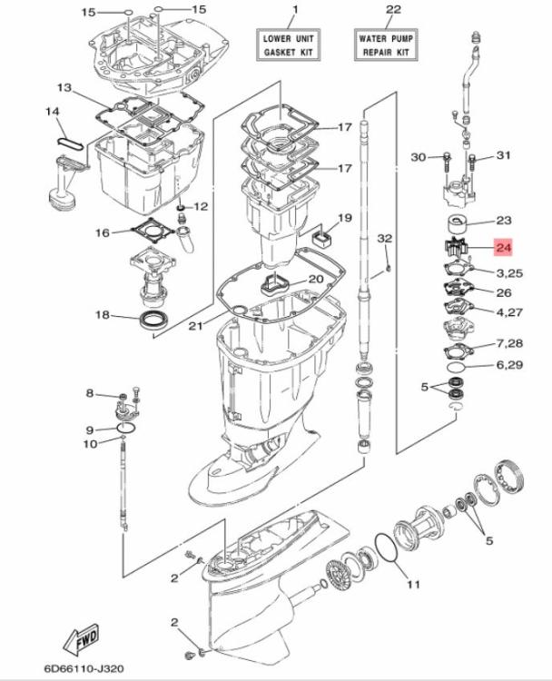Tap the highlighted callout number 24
click(x=504, y=245)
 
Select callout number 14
click(x=52, y=112)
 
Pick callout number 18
click(x=103, y=315)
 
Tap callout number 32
click(x=384, y=238)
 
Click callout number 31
click(x=504, y=157)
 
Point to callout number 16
click(x=103, y=233)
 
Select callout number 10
click(x=90, y=444)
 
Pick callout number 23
click(x=504, y=221)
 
